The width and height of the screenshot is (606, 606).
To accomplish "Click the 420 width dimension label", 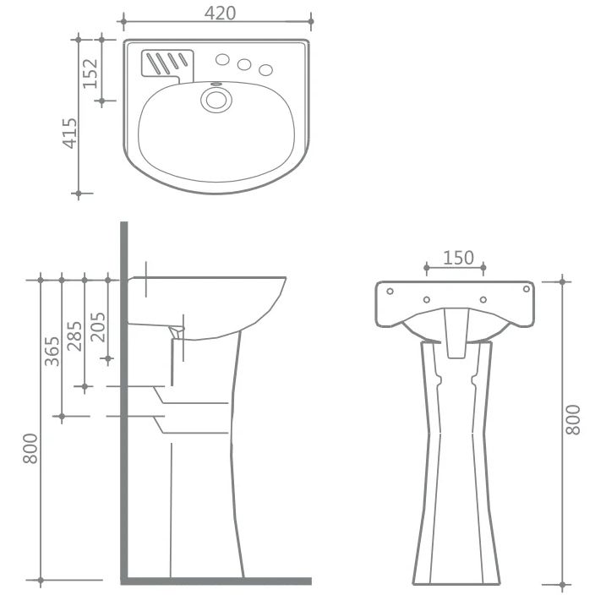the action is coord(220,14).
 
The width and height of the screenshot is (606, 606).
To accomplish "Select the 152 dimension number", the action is coord(90,73).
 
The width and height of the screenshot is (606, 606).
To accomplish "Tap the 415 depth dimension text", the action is coord(70,134).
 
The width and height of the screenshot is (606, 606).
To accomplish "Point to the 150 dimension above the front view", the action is coord(458,258).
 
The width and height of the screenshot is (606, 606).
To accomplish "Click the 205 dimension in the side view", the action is coord(98,327).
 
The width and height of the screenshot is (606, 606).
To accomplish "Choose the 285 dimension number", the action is coord(74,336).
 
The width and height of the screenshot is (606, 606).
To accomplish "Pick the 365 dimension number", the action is coord(52,352).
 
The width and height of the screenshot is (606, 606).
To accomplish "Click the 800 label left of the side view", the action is coord(30,448).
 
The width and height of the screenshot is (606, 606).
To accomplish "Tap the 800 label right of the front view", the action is coord(573,420).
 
